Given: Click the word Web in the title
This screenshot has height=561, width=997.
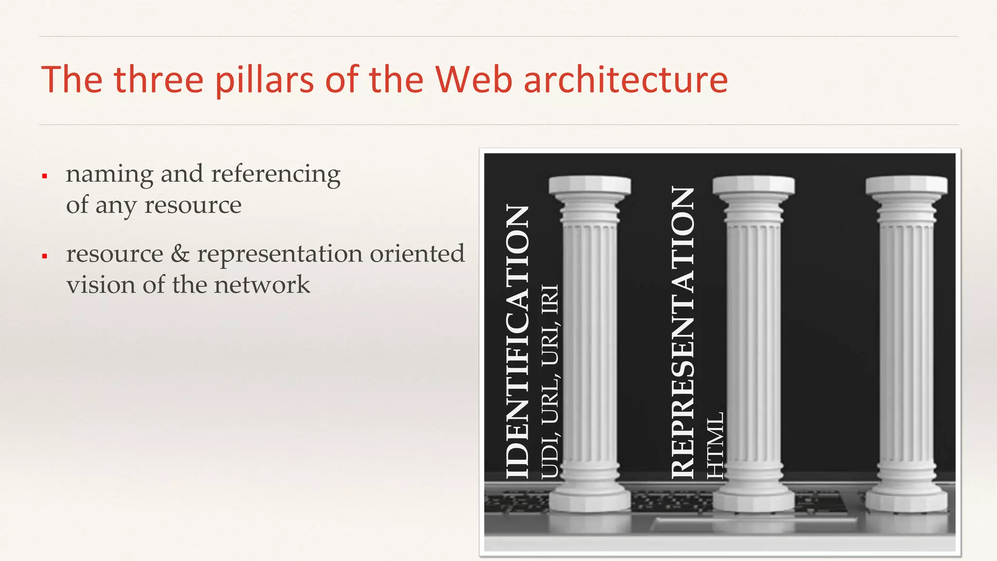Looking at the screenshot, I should (473, 79).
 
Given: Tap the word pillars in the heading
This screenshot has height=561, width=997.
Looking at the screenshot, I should (264, 79).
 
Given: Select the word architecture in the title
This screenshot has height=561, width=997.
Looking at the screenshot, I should (626, 79).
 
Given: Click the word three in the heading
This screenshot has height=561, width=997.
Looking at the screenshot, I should (158, 79).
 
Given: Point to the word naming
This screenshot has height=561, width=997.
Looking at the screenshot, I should (110, 174).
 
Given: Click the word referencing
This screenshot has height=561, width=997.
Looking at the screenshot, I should (276, 174).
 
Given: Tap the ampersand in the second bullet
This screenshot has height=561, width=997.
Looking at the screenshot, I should (180, 254).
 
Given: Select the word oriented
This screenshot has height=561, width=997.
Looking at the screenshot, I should (417, 254).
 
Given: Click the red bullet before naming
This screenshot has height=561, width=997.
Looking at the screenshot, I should (44, 176).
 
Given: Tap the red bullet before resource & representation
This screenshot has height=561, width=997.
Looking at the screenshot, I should (44, 256).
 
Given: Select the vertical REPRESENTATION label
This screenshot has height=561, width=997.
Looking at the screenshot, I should (683, 332).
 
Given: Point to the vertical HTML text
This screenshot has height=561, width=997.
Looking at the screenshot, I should (715, 445).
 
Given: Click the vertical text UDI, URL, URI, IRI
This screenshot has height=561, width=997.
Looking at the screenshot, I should (551, 382).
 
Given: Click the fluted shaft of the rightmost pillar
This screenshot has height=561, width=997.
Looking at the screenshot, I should (906, 341).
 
